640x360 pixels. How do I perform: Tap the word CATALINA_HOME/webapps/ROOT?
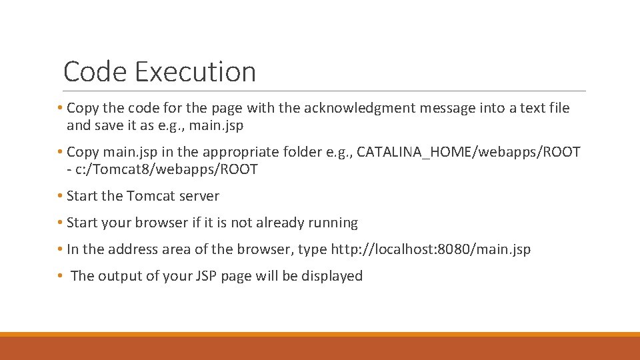click(469, 152)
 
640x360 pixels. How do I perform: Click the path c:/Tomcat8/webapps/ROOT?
click(166, 169)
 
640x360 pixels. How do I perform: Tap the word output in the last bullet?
click(120, 276)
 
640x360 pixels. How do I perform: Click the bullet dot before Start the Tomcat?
click(60, 196)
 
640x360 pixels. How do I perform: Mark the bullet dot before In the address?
click(60, 249)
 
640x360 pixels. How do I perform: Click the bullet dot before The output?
click(60, 276)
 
